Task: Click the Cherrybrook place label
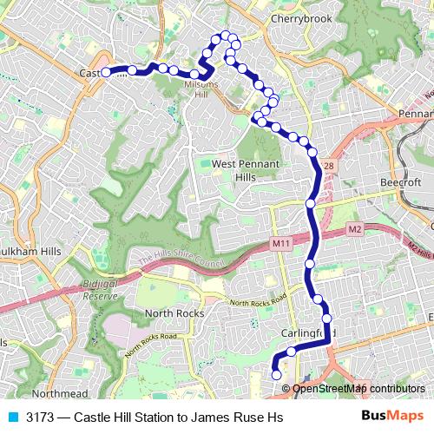coord(279,17)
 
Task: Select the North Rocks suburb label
coord(174,312)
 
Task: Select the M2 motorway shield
coord(353,229)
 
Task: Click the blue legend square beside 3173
coord(13,418)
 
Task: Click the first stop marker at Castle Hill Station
coord(106,73)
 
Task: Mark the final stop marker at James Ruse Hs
coord(277,375)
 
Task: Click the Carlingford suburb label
coord(304,334)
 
